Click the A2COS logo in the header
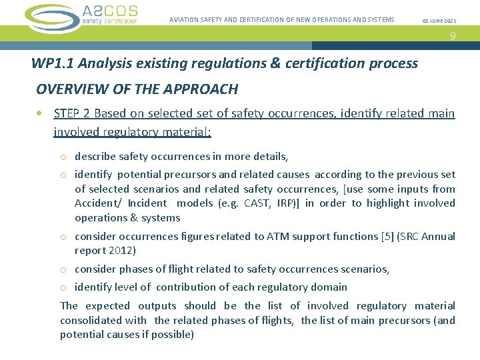[x=81, y=17]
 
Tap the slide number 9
[x=453, y=37]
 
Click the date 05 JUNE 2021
[x=439, y=21]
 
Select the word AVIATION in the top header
[x=187, y=20]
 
